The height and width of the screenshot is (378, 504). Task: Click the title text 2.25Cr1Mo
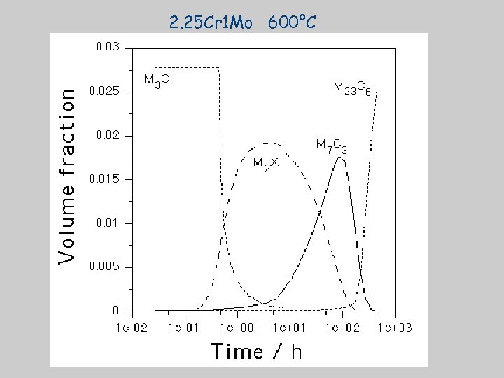tap(211, 24)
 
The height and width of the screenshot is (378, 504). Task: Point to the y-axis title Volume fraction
tap(67, 176)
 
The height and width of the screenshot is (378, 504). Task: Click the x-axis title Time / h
tap(257, 351)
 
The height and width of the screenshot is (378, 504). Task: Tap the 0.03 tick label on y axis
tap(107, 48)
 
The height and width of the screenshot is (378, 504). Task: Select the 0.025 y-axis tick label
tap(104, 92)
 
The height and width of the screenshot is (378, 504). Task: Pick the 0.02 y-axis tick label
tap(107, 135)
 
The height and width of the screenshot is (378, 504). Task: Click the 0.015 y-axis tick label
tap(104, 179)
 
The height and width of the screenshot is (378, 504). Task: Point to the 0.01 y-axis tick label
tap(107, 223)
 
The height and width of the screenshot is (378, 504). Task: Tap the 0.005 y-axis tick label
tap(104, 267)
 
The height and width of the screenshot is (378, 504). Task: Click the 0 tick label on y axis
tap(116, 310)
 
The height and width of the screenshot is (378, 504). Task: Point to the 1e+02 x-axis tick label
tap(342, 327)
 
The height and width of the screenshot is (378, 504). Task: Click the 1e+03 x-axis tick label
tap(395, 327)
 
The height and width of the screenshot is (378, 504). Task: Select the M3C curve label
tap(156, 79)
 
